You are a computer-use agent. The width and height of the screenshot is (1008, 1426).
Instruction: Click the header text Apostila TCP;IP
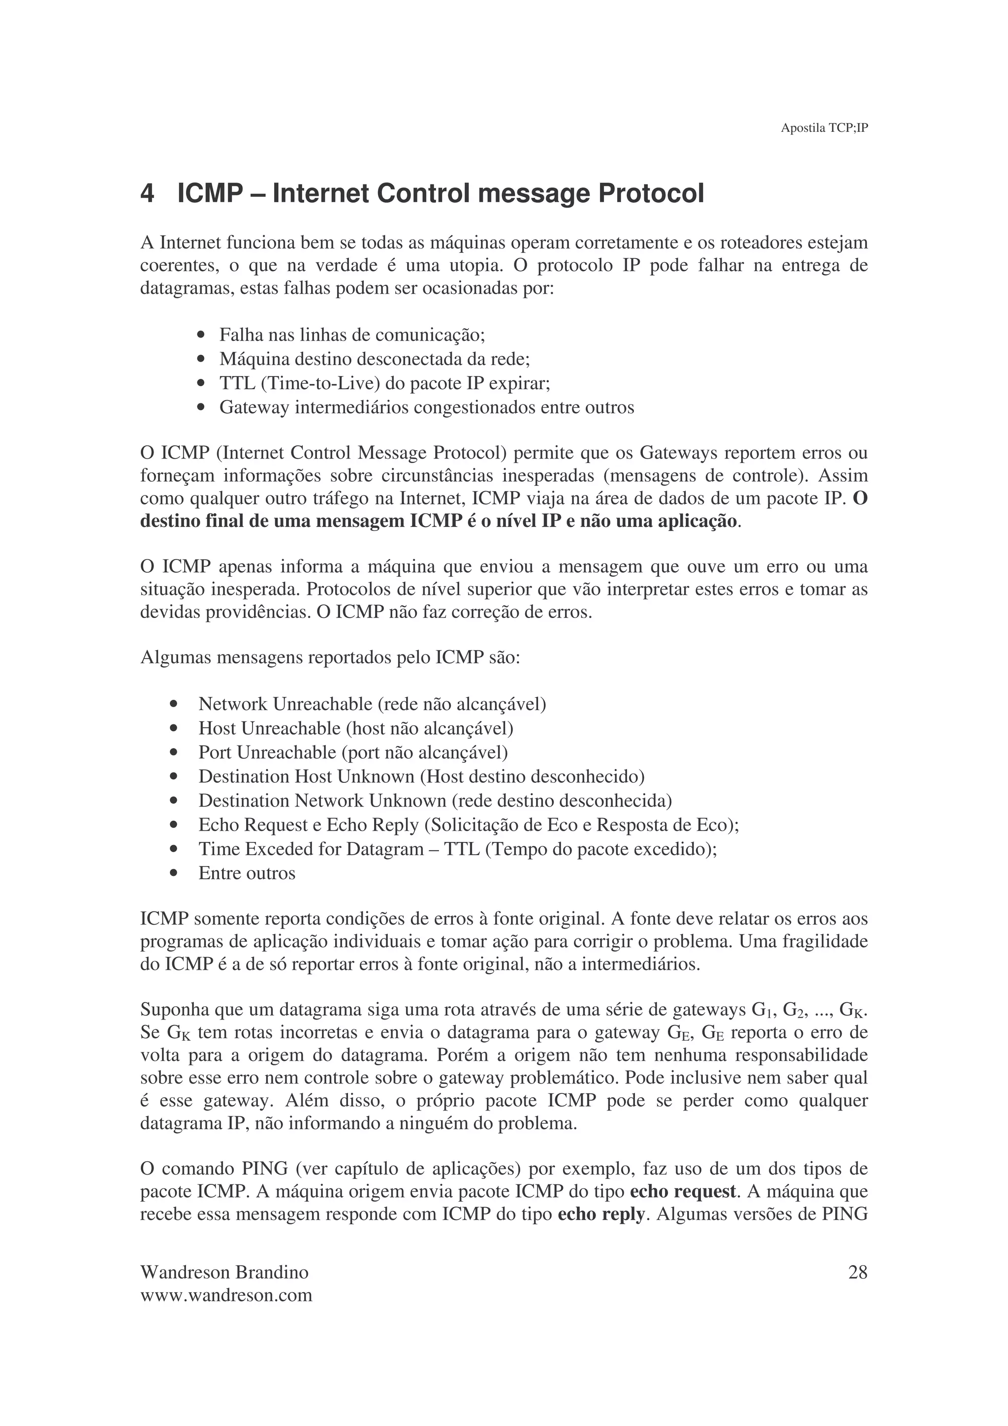coord(823,128)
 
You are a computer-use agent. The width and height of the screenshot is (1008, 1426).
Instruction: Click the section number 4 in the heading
coord(147,194)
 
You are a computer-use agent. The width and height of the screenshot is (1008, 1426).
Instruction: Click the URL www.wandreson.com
coord(226,1296)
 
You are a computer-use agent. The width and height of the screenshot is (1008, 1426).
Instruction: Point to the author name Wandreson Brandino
coord(224,1272)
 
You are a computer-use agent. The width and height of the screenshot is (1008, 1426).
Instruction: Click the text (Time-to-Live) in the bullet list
coord(320,383)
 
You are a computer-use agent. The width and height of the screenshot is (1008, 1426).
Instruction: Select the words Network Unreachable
coord(285,704)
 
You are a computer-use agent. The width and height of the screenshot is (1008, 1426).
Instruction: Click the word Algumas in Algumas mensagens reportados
coord(175,657)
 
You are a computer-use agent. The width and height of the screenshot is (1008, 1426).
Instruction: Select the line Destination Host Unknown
coord(306,776)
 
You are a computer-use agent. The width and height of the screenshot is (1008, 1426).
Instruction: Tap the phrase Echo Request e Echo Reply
coord(308,825)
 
